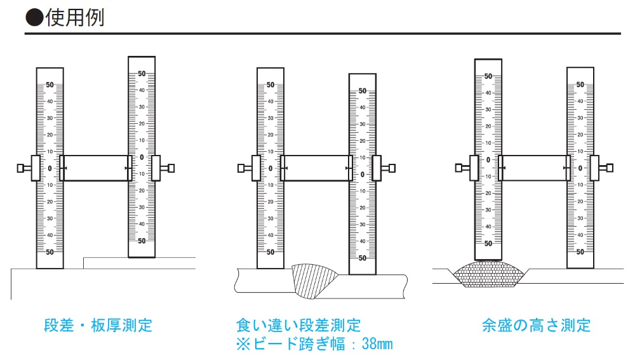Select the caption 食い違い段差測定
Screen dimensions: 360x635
[298, 326]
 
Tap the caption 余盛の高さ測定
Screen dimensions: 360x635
[537, 326]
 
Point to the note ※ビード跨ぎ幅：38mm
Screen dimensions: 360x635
[314, 345]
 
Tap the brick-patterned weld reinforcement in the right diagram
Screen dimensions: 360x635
[488, 274]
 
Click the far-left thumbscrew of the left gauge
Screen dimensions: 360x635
[22, 168]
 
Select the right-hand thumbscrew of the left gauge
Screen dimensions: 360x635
[169, 168]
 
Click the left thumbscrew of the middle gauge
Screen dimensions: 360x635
[243, 168]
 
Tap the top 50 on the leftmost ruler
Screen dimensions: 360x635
[50, 85]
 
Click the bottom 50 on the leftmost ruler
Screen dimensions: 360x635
[50, 252]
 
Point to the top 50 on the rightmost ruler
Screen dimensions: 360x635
[580, 85]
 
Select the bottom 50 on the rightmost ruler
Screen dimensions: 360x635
[580, 252]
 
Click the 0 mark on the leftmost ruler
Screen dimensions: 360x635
[50, 168]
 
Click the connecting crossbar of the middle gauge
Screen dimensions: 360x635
[316, 168]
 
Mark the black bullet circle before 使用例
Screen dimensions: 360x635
[34, 17]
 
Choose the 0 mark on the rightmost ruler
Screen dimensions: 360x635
[580, 168]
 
